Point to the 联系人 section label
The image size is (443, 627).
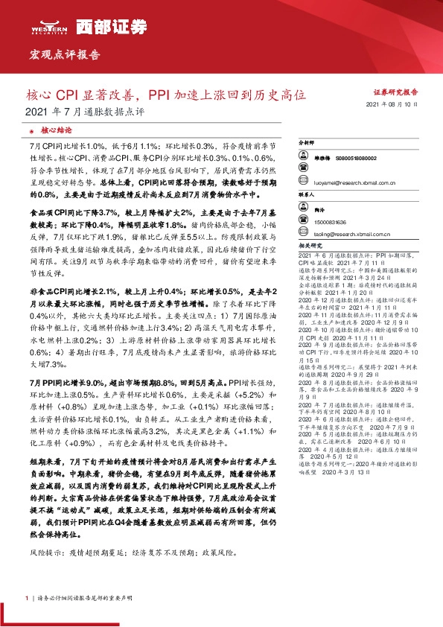click(x=307, y=193)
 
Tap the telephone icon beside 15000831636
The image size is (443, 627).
click(x=304, y=222)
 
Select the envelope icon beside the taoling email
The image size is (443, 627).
click(x=304, y=235)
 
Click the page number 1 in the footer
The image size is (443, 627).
click(x=27, y=598)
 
